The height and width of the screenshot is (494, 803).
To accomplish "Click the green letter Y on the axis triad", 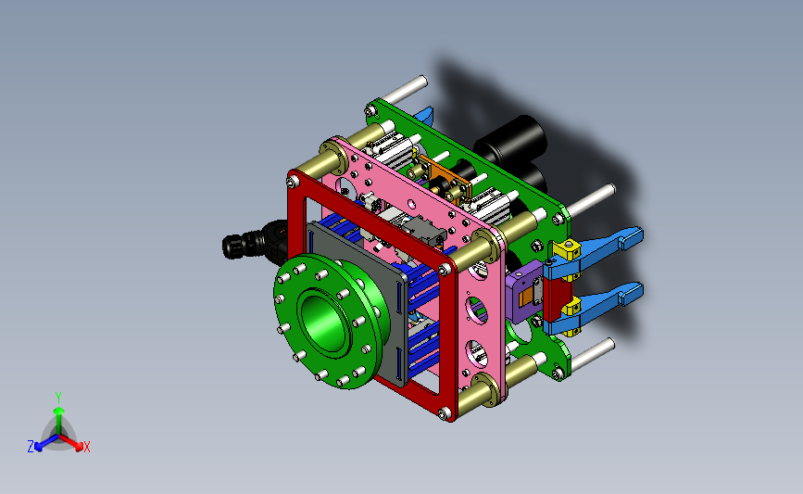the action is tap(58, 398).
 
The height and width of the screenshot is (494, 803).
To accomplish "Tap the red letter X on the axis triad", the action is tap(86, 447).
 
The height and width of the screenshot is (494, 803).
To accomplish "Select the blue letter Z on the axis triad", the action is tap(31, 447).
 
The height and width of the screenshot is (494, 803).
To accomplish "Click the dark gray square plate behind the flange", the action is tap(358, 302).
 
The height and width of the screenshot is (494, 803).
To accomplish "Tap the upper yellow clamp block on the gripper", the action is tap(566, 251).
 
